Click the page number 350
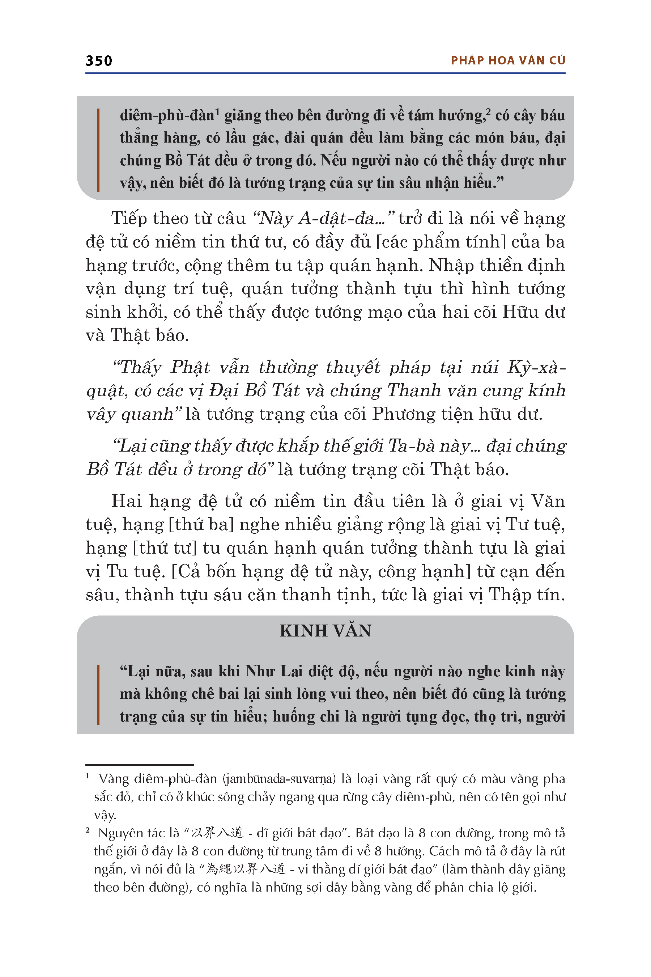click(x=99, y=61)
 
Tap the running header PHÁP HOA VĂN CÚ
click(x=508, y=61)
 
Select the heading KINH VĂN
click(x=325, y=631)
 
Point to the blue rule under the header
click(x=325, y=73)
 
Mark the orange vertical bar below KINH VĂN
click(x=98, y=694)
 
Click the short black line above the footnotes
click(x=140, y=765)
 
